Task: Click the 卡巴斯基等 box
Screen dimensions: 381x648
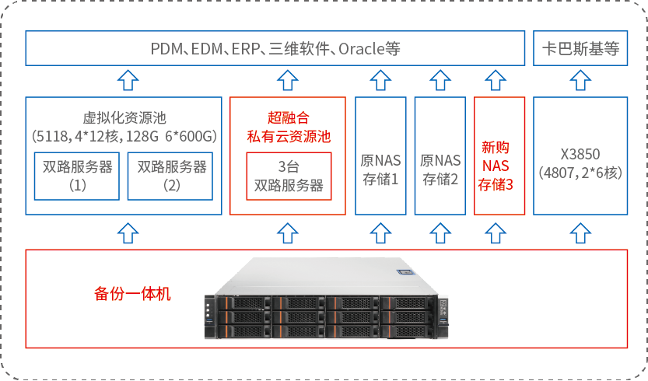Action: click(x=580, y=49)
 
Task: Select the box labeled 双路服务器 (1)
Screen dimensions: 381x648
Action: click(x=77, y=176)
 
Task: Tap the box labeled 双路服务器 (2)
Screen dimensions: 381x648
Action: click(x=172, y=176)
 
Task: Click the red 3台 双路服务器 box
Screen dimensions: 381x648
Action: click(x=289, y=177)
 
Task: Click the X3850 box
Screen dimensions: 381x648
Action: click(x=580, y=156)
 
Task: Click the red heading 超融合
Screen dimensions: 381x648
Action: click(x=288, y=118)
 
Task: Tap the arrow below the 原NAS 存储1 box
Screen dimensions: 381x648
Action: click(x=380, y=232)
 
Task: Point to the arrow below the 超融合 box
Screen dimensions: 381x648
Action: click(x=288, y=232)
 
